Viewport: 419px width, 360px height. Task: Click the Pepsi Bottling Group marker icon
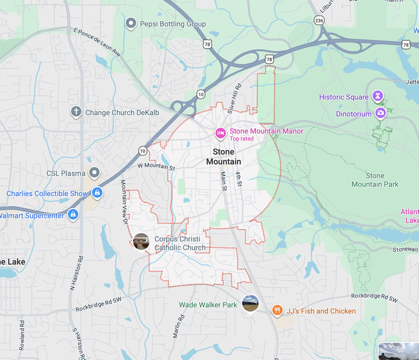tap(131, 23)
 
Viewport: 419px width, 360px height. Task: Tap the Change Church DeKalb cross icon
tap(76, 112)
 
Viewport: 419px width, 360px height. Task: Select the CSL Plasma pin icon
tap(94, 173)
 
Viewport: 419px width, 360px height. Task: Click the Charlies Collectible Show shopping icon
tap(97, 193)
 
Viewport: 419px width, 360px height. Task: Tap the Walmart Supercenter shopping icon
tap(73, 215)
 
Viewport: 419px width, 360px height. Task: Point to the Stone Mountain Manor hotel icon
tap(221, 133)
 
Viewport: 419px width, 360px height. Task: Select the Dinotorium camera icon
tap(380, 113)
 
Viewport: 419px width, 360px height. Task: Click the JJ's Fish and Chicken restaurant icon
tap(277, 310)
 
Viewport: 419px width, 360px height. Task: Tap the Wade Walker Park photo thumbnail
tap(250, 304)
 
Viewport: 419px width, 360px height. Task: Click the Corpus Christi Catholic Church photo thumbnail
tap(141, 242)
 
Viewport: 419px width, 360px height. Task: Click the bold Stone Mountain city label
tap(223, 157)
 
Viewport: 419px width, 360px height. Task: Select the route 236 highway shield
tap(319, 20)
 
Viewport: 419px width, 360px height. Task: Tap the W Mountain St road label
tap(156, 167)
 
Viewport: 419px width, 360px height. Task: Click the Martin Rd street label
tap(178, 329)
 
